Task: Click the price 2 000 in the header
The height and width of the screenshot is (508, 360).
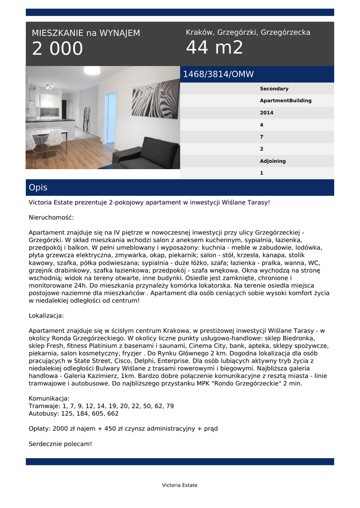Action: (58, 49)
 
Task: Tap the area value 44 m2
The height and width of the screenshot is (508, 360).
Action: (215, 48)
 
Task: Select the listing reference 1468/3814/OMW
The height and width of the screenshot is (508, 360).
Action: (218, 74)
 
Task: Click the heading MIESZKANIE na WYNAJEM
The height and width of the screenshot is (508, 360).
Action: (86, 33)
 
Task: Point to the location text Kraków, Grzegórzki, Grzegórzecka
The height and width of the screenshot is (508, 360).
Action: (248, 32)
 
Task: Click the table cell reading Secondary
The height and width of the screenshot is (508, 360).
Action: (274, 89)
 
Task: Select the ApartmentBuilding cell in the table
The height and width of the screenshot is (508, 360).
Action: (286, 101)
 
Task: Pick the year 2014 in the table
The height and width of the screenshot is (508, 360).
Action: (266, 113)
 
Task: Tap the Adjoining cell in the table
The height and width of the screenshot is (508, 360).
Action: (273, 161)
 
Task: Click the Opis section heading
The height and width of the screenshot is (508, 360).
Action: (38, 188)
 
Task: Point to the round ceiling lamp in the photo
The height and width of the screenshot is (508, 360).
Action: (92, 70)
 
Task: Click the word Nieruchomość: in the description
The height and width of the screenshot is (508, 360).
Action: (51, 217)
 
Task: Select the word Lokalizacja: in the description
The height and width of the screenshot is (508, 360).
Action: (46, 316)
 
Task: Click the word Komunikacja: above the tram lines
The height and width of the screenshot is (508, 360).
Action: (49, 398)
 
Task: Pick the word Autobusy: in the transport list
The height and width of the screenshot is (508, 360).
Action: (45, 413)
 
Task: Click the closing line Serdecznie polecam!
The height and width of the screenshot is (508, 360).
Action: (60, 444)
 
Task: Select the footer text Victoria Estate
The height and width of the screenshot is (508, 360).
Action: (180, 485)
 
